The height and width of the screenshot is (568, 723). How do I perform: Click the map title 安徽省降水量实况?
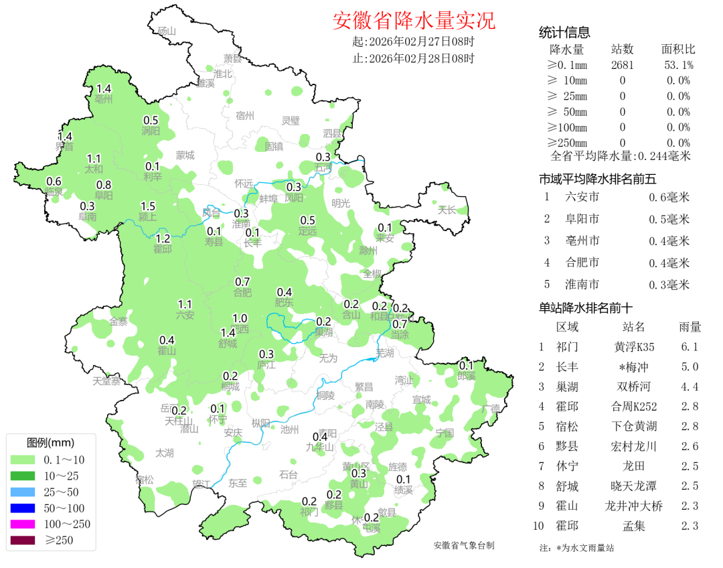(x=414, y=21)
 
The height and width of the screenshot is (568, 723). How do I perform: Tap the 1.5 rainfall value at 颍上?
(x=147, y=206)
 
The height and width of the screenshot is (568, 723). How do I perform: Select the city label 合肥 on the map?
(x=242, y=292)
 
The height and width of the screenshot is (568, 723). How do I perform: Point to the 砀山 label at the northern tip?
(x=165, y=31)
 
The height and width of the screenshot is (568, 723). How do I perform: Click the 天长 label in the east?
(x=447, y=210)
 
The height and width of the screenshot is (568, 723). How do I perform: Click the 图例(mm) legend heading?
(x=50, y=443)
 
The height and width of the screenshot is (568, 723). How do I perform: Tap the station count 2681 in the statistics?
(x=623, y=65)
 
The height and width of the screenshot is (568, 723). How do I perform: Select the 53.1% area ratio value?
(x=678, y=65)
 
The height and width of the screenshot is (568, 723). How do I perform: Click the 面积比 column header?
(x=678, y=50)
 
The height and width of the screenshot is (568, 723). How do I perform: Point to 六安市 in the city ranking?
(x=582, y=197)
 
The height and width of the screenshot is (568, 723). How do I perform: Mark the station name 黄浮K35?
(x=633, y=347)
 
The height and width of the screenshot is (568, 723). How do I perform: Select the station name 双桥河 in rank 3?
(x=633, y=386)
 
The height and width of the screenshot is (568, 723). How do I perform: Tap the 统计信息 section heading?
(x=564, y=33)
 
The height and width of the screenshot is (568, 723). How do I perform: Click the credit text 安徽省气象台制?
(x=464, y=545)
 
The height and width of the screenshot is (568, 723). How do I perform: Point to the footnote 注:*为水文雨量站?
(x=576, y=548)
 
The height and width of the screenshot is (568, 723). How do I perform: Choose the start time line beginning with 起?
(x=413, y=42)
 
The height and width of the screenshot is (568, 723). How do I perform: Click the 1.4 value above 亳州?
(x=104, y=89)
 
